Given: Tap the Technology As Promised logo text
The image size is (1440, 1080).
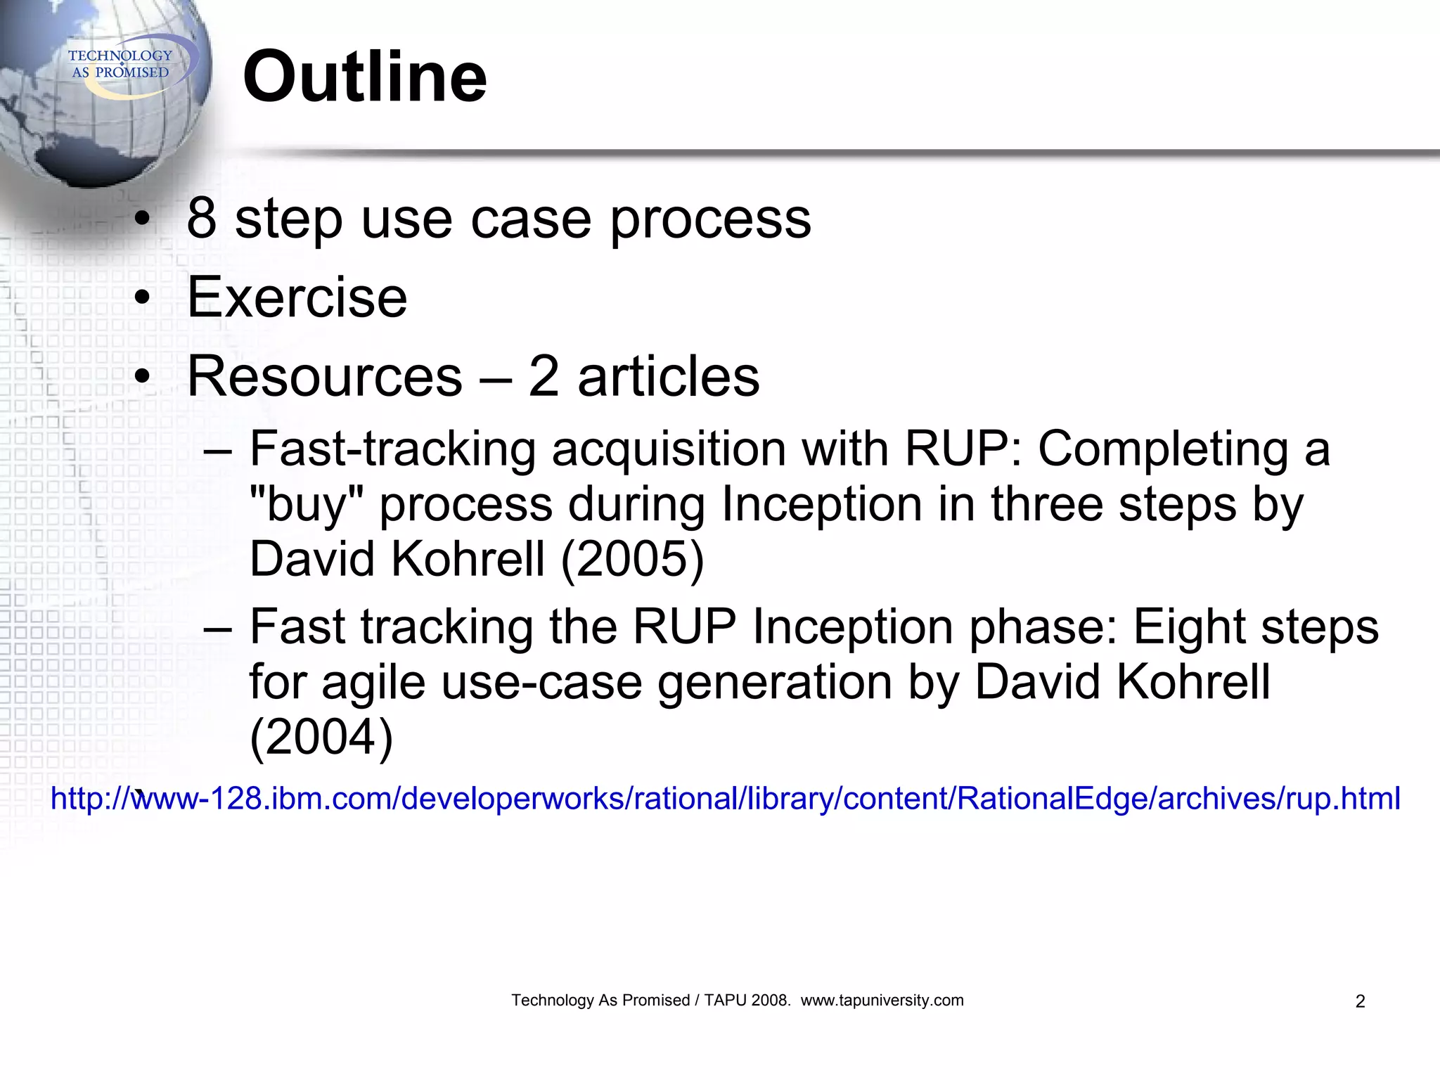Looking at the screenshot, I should pyautogui.click(x=120, y=64).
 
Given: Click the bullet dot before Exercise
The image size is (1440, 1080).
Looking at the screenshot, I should pyautogui.click(x=143, y=297).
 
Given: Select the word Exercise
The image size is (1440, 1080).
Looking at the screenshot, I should pyautogui.click(x=297, y=297).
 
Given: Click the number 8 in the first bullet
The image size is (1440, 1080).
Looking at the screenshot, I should pyautogui.click(x=202, y=218).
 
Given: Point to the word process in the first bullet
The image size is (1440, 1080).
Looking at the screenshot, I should pyautogui.click(x=710, y=221).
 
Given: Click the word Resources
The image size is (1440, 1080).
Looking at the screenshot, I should pyautogui.click(x=325, y=376).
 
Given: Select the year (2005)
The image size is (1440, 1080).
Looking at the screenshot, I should pyautogui.click(x=632, y=559).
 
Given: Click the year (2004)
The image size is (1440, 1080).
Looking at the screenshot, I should pyautogui.click(x=321, y=737).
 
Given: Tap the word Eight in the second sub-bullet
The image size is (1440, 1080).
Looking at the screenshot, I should pyautogui.click(x=1187, y=627).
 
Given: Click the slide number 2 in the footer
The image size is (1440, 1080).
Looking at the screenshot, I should pyautogui.click(x=1360, y=1001).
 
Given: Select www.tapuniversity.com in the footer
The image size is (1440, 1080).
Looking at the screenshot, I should pyautogui.click(x=882, y=1001).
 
